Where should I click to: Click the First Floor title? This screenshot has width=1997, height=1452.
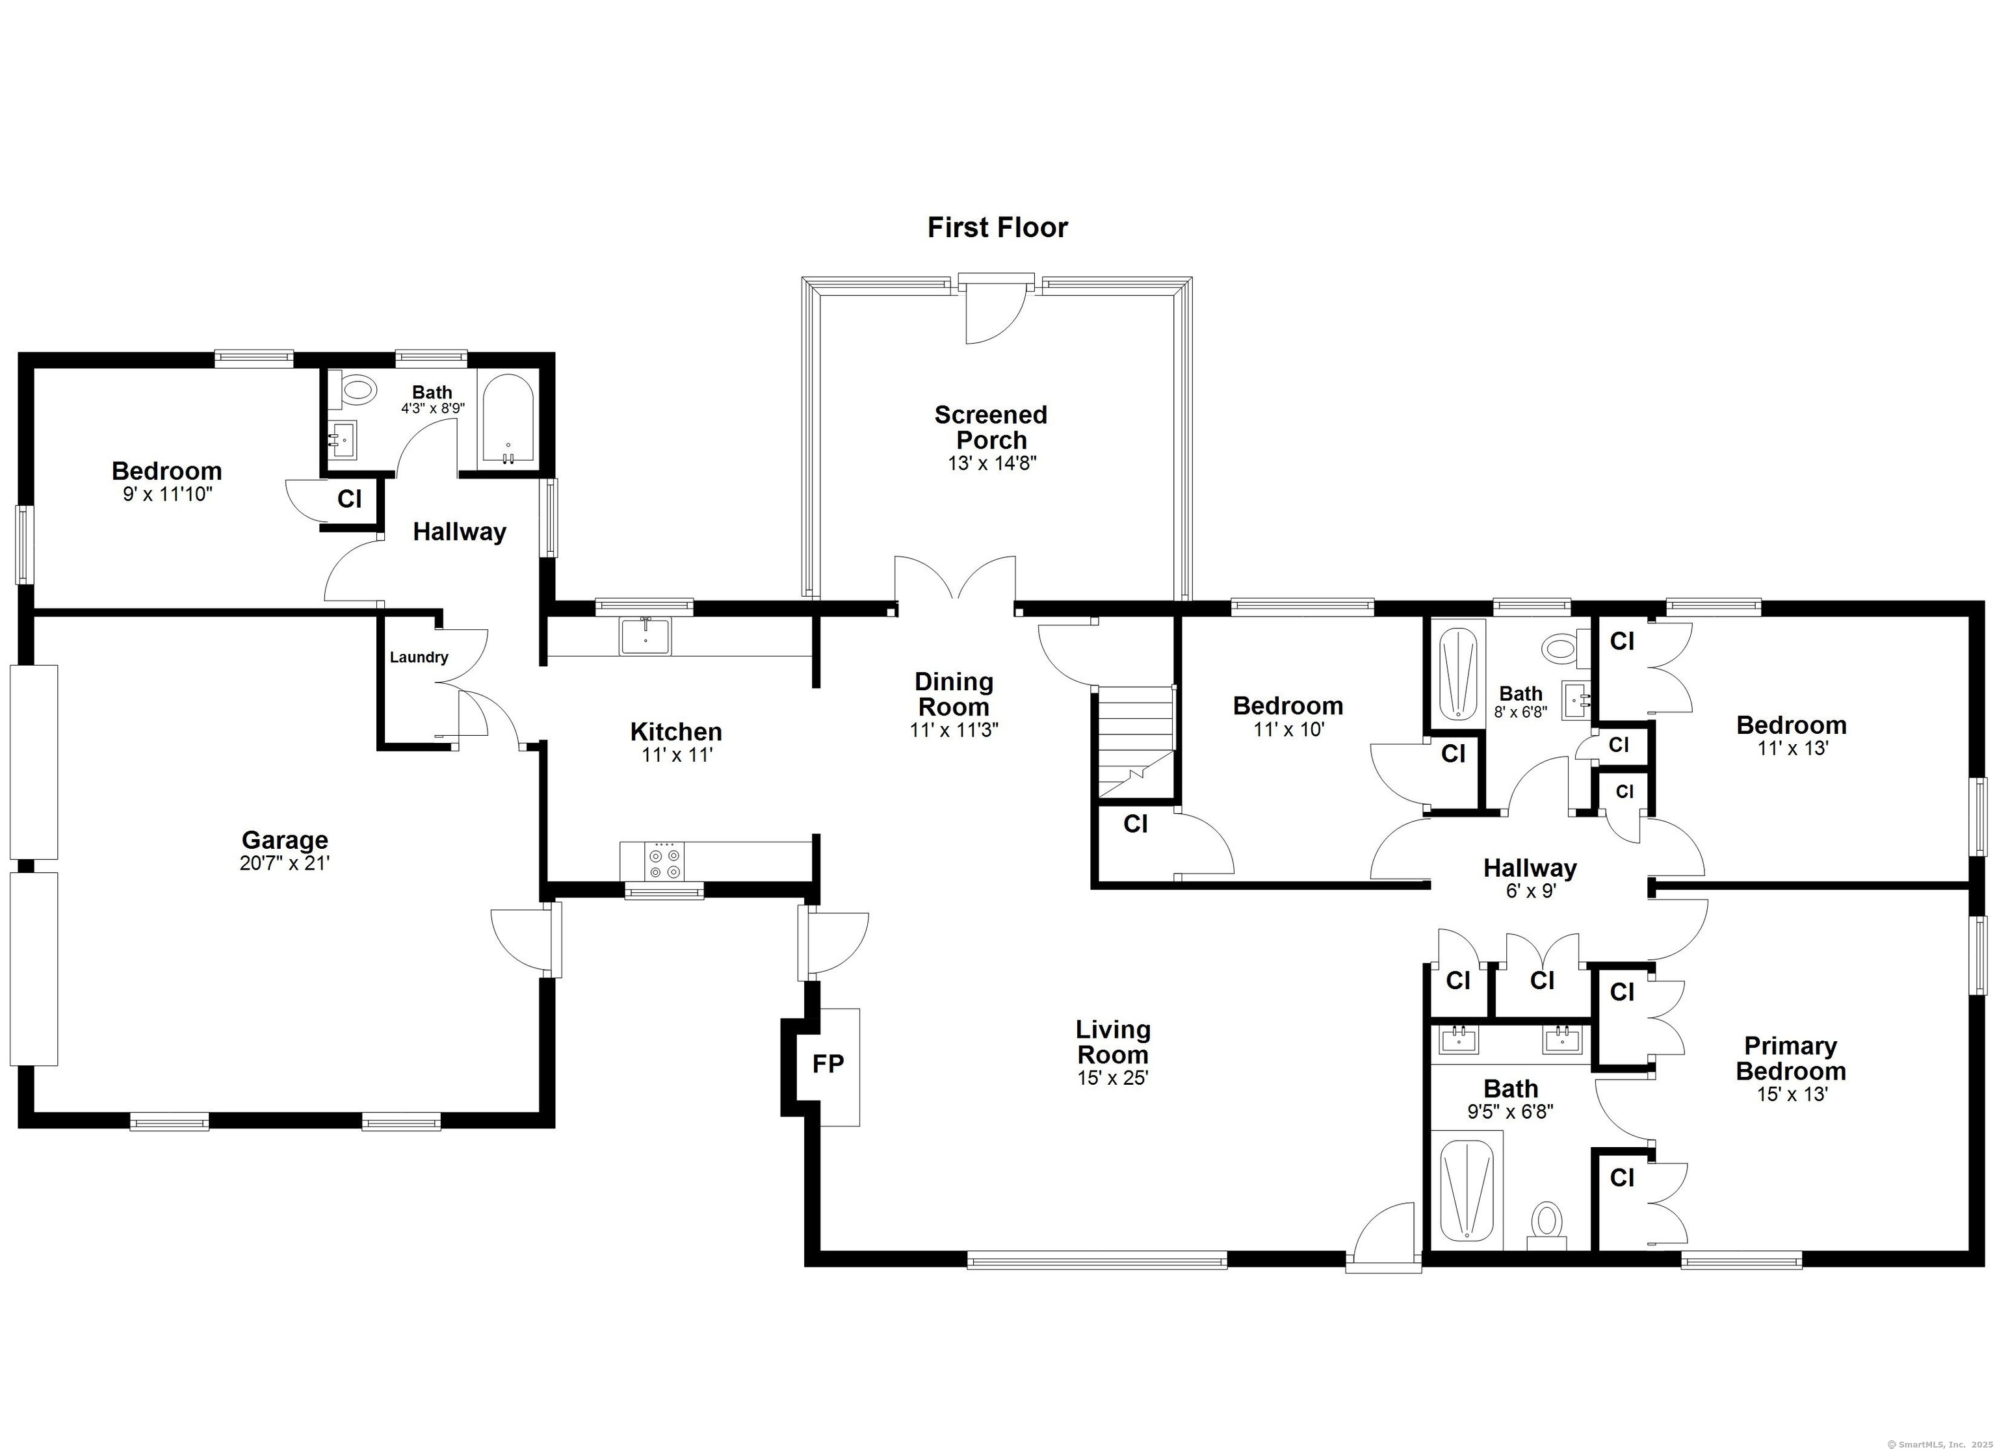pyautogui.click(x=998, y=227)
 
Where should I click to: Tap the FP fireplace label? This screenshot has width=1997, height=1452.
pyautogui.click(x=828, y=1065)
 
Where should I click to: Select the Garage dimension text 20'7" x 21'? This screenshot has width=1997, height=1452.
pyautogui.click(x=285, y=864)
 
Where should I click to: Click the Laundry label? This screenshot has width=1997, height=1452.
pyautogui.click(x=419, y=657)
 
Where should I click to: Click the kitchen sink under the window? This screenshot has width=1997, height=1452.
pyautogui.click(x=646, y=636)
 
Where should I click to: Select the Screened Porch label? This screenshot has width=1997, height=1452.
pyautogui.click(x=991, y=427)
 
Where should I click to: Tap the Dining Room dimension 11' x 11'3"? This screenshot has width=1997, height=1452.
pyautogui.click(x=954, y=730)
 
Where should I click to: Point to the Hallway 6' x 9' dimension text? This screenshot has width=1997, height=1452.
pyautogui.click(x=1530, y=890)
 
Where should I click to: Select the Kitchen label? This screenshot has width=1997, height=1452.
pyautogui.click(x=676, y=732)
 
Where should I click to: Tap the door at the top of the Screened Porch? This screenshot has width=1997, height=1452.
pyautogui.click(x=997, y=310)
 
